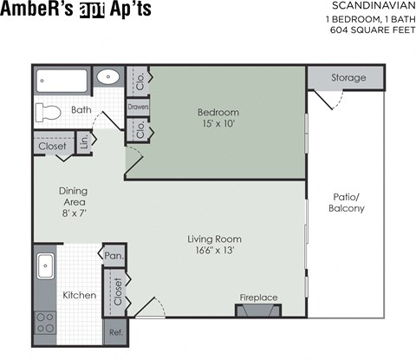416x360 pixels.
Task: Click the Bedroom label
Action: pos(218,113)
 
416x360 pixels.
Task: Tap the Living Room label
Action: pos(214,239)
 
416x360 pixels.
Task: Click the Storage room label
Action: pos(348,78)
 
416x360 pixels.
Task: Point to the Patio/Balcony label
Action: pos(348,203)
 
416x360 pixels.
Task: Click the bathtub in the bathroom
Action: pos(62,82)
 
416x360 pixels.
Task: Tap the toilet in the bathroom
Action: pos(49,112)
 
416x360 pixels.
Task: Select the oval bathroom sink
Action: pos(108,76)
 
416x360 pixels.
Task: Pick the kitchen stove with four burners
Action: pos(45,323)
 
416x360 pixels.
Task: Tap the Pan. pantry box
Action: pos(114,256)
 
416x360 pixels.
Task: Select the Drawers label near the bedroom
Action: pos(138,107)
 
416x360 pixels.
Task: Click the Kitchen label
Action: pos(80,295)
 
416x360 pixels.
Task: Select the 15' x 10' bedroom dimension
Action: pos(218,124)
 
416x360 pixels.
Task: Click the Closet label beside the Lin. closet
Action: pos(53,147)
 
